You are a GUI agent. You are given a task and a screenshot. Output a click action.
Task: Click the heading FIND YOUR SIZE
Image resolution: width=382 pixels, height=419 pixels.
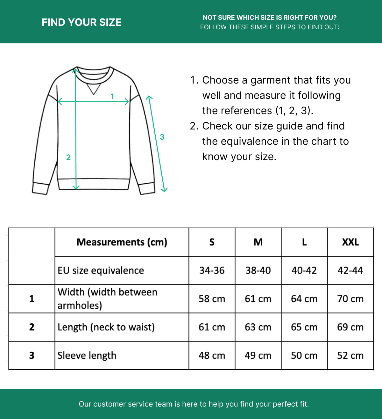tap(81, 22)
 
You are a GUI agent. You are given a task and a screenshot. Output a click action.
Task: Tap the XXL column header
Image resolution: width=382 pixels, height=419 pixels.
tap(350, 242)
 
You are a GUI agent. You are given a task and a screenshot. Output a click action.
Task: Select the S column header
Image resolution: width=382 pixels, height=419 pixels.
tap(212, 242)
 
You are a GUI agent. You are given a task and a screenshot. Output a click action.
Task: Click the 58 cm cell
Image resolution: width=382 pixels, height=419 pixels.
tap(212, 299)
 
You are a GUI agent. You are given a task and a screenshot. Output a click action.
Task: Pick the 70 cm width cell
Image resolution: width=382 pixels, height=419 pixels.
tap(350, 299)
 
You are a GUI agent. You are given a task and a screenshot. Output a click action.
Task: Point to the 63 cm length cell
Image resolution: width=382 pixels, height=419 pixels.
tap(258, 327)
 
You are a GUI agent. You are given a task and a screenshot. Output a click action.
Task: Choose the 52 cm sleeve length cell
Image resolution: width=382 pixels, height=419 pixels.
tap(350, 356)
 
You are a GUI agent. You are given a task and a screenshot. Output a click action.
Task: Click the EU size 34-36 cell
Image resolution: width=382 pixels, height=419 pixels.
tap(212, 270)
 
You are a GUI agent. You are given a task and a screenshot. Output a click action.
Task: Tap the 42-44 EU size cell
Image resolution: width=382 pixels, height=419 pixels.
tap(350, 270)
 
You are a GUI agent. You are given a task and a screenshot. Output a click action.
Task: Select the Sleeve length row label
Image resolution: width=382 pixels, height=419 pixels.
tap(87, 356)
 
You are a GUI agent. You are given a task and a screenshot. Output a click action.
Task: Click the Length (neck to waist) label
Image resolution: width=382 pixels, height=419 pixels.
tap(106, 327)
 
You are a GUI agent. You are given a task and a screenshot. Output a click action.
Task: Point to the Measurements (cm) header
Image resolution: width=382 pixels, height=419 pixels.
tap(122, 242)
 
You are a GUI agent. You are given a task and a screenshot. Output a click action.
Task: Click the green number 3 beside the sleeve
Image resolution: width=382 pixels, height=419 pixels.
tap(162, 137)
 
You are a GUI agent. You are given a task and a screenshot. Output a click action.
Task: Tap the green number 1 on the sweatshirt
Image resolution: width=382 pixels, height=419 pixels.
tap(112, 96)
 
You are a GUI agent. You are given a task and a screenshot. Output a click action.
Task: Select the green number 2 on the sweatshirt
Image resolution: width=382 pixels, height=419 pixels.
tap(68, 157)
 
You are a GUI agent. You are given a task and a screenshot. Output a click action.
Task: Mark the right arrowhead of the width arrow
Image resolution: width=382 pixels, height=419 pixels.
tap(127, 102)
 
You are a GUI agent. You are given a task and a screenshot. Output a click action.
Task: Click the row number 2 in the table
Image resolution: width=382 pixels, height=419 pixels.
tap(32, 327)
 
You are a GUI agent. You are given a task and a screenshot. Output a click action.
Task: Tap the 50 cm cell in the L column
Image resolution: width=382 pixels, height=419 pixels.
tap(304, 356)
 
